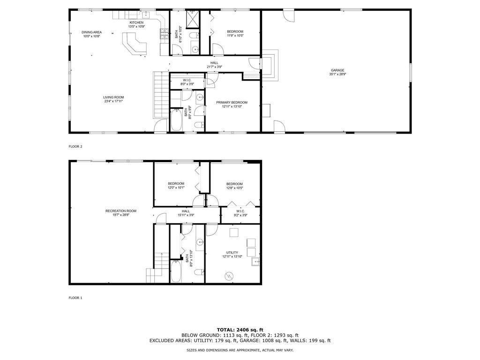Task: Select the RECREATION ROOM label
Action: (x=121, y=211)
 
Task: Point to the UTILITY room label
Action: (x=232, y=253)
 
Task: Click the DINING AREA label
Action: (x=92, y=32)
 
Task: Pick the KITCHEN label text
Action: (x=136, y=22)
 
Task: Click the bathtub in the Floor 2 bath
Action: (x=177, y=120)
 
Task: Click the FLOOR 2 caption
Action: (x=75, y=147)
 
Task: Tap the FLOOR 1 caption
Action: (x=75, y=298)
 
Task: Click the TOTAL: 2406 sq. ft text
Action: (x=240, y=330)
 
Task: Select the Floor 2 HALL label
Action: (x=214, y=63)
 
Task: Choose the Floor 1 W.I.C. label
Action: (x=240, y=211)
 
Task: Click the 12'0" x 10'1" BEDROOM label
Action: (x=176, y=184)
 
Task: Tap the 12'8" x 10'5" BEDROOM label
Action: (x=234, y=184)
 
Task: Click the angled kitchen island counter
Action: (x=134, y=47)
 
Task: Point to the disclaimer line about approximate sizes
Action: (x=240, y=350)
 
